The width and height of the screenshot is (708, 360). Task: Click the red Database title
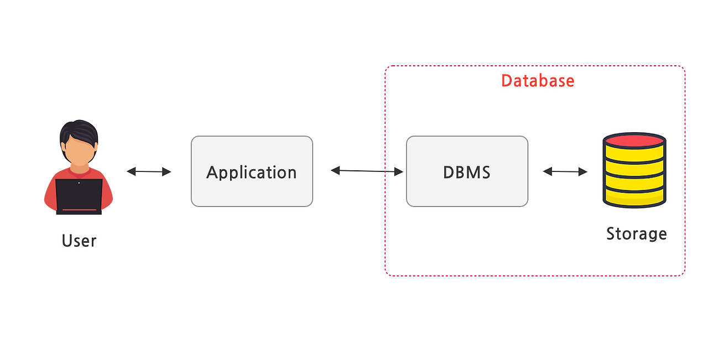538,81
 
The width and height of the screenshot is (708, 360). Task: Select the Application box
252,171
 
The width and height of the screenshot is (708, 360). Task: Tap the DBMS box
467,171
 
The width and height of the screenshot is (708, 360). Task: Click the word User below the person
79,241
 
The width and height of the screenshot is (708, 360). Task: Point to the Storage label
636,233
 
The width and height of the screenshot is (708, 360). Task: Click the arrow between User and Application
149,171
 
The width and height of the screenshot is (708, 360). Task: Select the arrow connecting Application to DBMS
367,171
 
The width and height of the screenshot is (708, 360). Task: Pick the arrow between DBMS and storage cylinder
565,171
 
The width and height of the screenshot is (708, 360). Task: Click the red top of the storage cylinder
634,140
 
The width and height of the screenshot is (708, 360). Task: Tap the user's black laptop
79,195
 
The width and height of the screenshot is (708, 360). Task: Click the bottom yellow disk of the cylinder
634,196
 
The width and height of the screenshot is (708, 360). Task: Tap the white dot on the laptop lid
79,183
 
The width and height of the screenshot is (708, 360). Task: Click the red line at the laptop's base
79,210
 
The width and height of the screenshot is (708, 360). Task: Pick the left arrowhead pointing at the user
131,171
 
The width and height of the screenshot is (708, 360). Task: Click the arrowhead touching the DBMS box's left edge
399,172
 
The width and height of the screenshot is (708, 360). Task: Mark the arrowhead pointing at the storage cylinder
582,172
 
